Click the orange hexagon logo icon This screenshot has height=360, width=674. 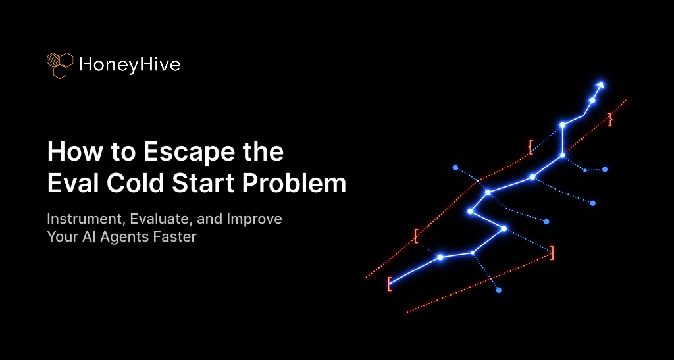[60, 65]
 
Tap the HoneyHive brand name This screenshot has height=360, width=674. [130, 65]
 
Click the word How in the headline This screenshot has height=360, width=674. [70, 151]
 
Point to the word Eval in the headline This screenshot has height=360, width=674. [74, 184]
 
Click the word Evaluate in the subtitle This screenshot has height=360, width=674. [161, 219]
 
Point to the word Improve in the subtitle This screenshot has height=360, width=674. [255, 219]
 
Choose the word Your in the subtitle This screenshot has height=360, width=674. [61, 236]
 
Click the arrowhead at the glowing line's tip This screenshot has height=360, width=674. [600, 85]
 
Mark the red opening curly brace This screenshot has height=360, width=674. [531, 147]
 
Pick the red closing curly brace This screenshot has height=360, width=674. [609, 119]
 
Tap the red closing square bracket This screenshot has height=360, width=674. [552, 253]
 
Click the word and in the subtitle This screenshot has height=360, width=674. [209, 219]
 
